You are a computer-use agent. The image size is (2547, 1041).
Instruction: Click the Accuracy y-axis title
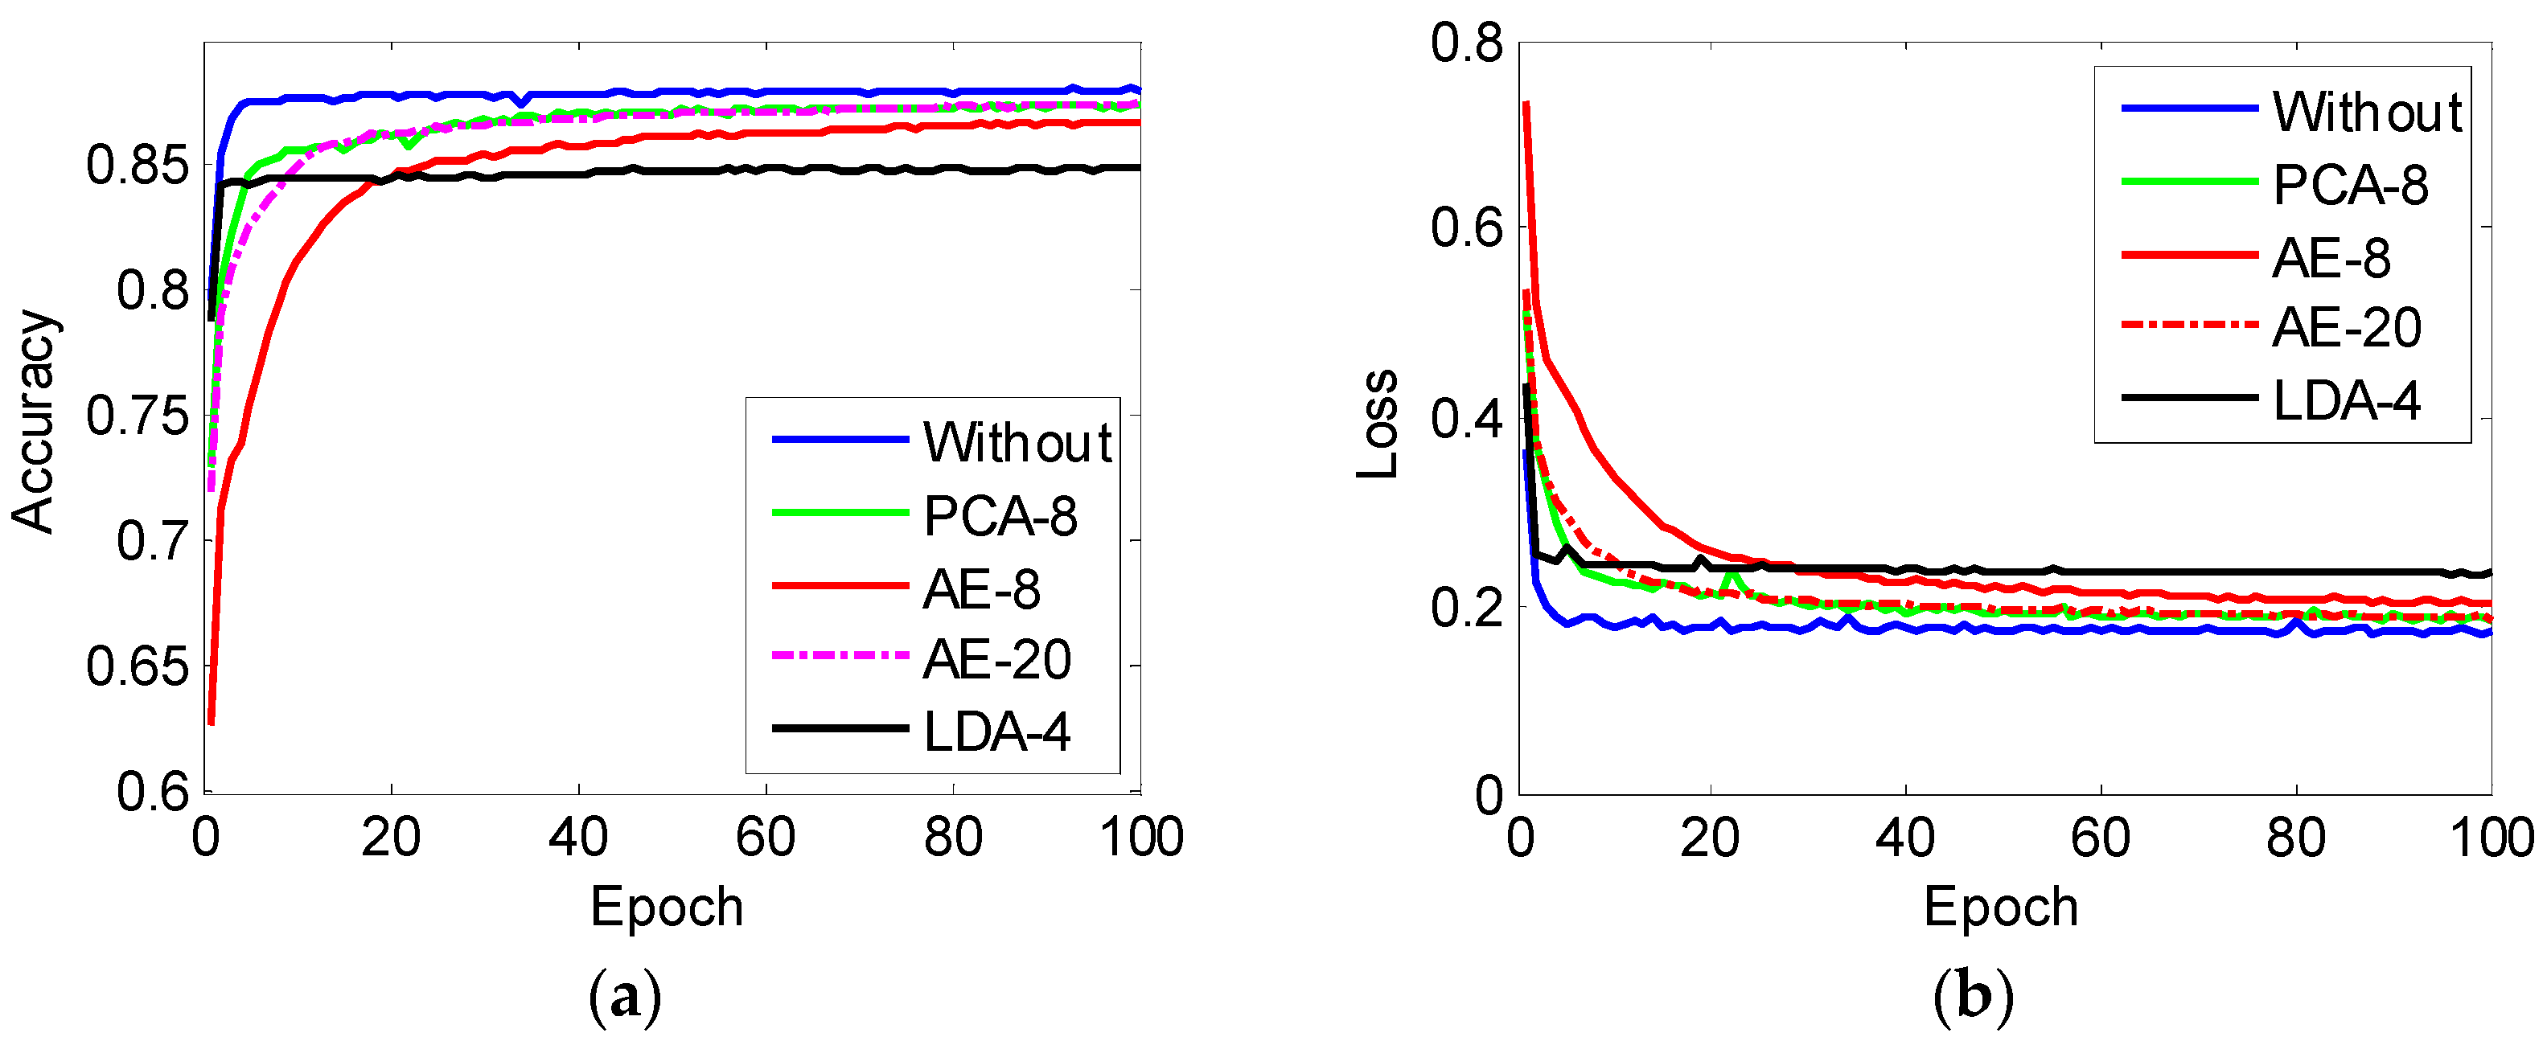pyautogui.click(x=34, y=422)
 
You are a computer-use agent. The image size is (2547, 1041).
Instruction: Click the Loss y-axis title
pyautogui.click(x=1378, y=425)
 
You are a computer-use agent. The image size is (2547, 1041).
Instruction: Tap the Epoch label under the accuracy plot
pyautogui.click(x=667, y=907)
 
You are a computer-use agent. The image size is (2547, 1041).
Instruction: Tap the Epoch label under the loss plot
pyautogui.click(x=2000, y=907)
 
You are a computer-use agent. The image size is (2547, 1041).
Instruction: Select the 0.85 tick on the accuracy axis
pyautogui.click(x=137, y=164)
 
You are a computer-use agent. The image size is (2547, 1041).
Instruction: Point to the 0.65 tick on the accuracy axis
pyautogui.click(x=137, y=666)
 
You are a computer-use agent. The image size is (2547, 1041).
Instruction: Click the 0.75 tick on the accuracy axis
pyautogui.click(x=137, y=416)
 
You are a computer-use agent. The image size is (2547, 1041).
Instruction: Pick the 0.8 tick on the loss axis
pyautogui.click(x=1466, y=43)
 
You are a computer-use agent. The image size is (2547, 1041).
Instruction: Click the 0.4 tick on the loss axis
pyautogui.click(x=1466, y=419)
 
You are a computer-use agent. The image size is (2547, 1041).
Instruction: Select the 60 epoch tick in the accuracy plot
pyautogui.click(x=766, y=838)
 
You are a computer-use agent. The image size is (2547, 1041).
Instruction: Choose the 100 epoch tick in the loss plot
pyautogui.click(x=2491, y=838)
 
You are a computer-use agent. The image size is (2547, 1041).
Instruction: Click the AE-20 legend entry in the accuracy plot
pyautogui.click(x=996, y=659)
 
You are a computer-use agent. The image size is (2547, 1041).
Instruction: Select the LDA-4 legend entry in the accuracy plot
pyautogui.click(x=996, y=732)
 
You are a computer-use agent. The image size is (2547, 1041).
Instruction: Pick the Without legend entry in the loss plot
pyautogui.click(x=2367, y=111)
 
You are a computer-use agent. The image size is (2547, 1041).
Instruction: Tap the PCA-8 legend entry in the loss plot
pyautogui.click(x=2350, y=185)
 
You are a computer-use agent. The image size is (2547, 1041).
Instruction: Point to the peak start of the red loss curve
pyautogui.click(x=1526, y=104)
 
